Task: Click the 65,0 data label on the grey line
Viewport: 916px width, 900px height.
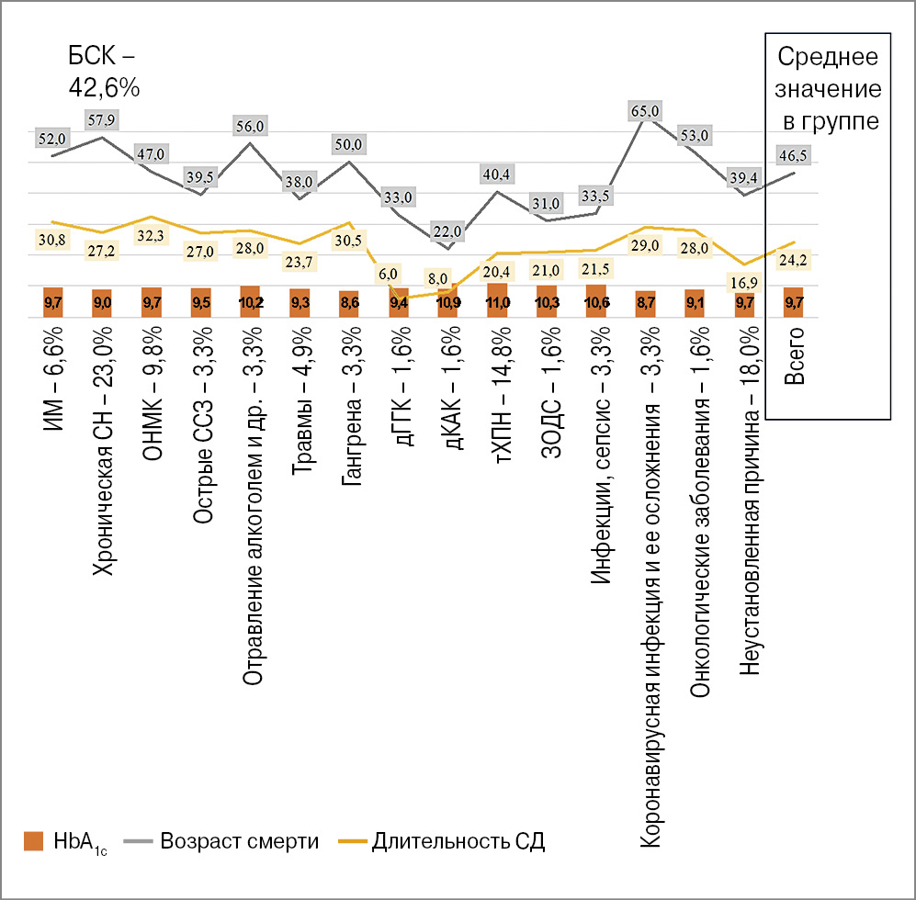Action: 645,111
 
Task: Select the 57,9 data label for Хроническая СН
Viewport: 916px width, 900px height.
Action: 102,120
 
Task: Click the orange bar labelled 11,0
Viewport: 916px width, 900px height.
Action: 498,301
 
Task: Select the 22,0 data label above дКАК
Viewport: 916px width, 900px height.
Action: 448,231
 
